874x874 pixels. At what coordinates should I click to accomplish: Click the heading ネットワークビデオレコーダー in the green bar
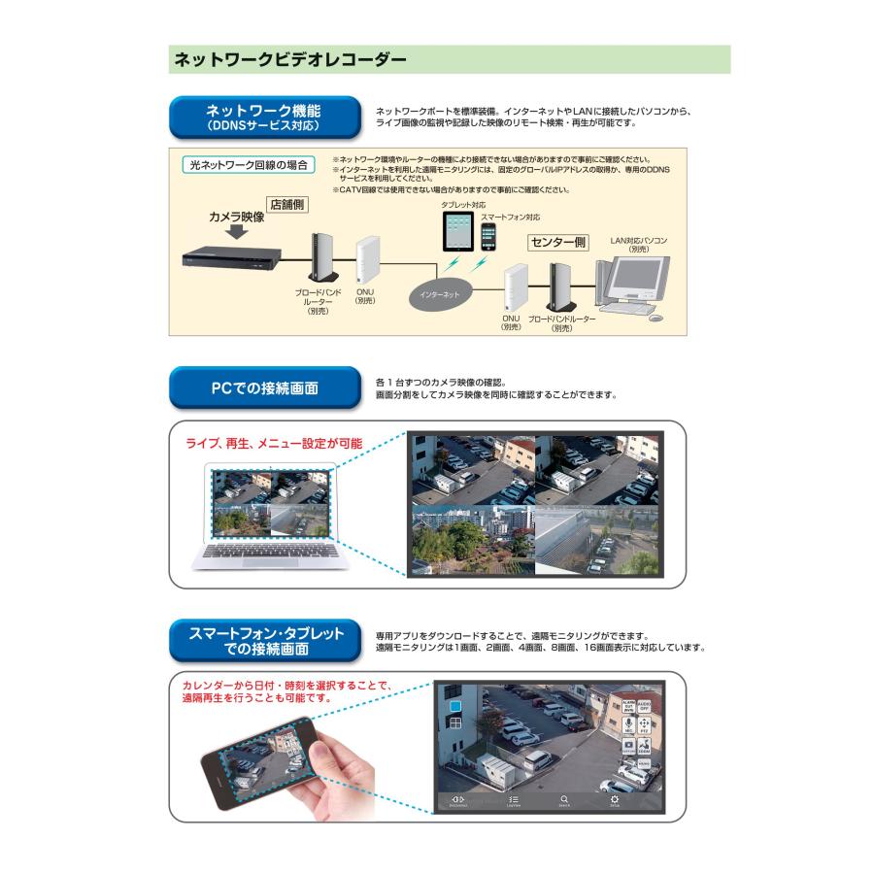pyautogui.click(x=288, y=59)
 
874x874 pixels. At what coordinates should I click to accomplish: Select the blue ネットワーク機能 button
pyautogui.click(x=263, y=118)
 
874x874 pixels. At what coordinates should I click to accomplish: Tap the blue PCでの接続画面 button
pyautogui.click(x=263, y=388)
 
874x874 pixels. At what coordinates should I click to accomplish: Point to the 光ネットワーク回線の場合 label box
pyautogui.click(x=249, y=165)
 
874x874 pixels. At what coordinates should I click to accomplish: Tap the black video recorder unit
pyautogui.click(x=231, y=257)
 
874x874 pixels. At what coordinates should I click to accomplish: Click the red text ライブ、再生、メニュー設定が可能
pyautogui.click(x=274, y=444)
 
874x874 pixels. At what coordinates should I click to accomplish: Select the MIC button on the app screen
pyautogui.click(x=628, y=725)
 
